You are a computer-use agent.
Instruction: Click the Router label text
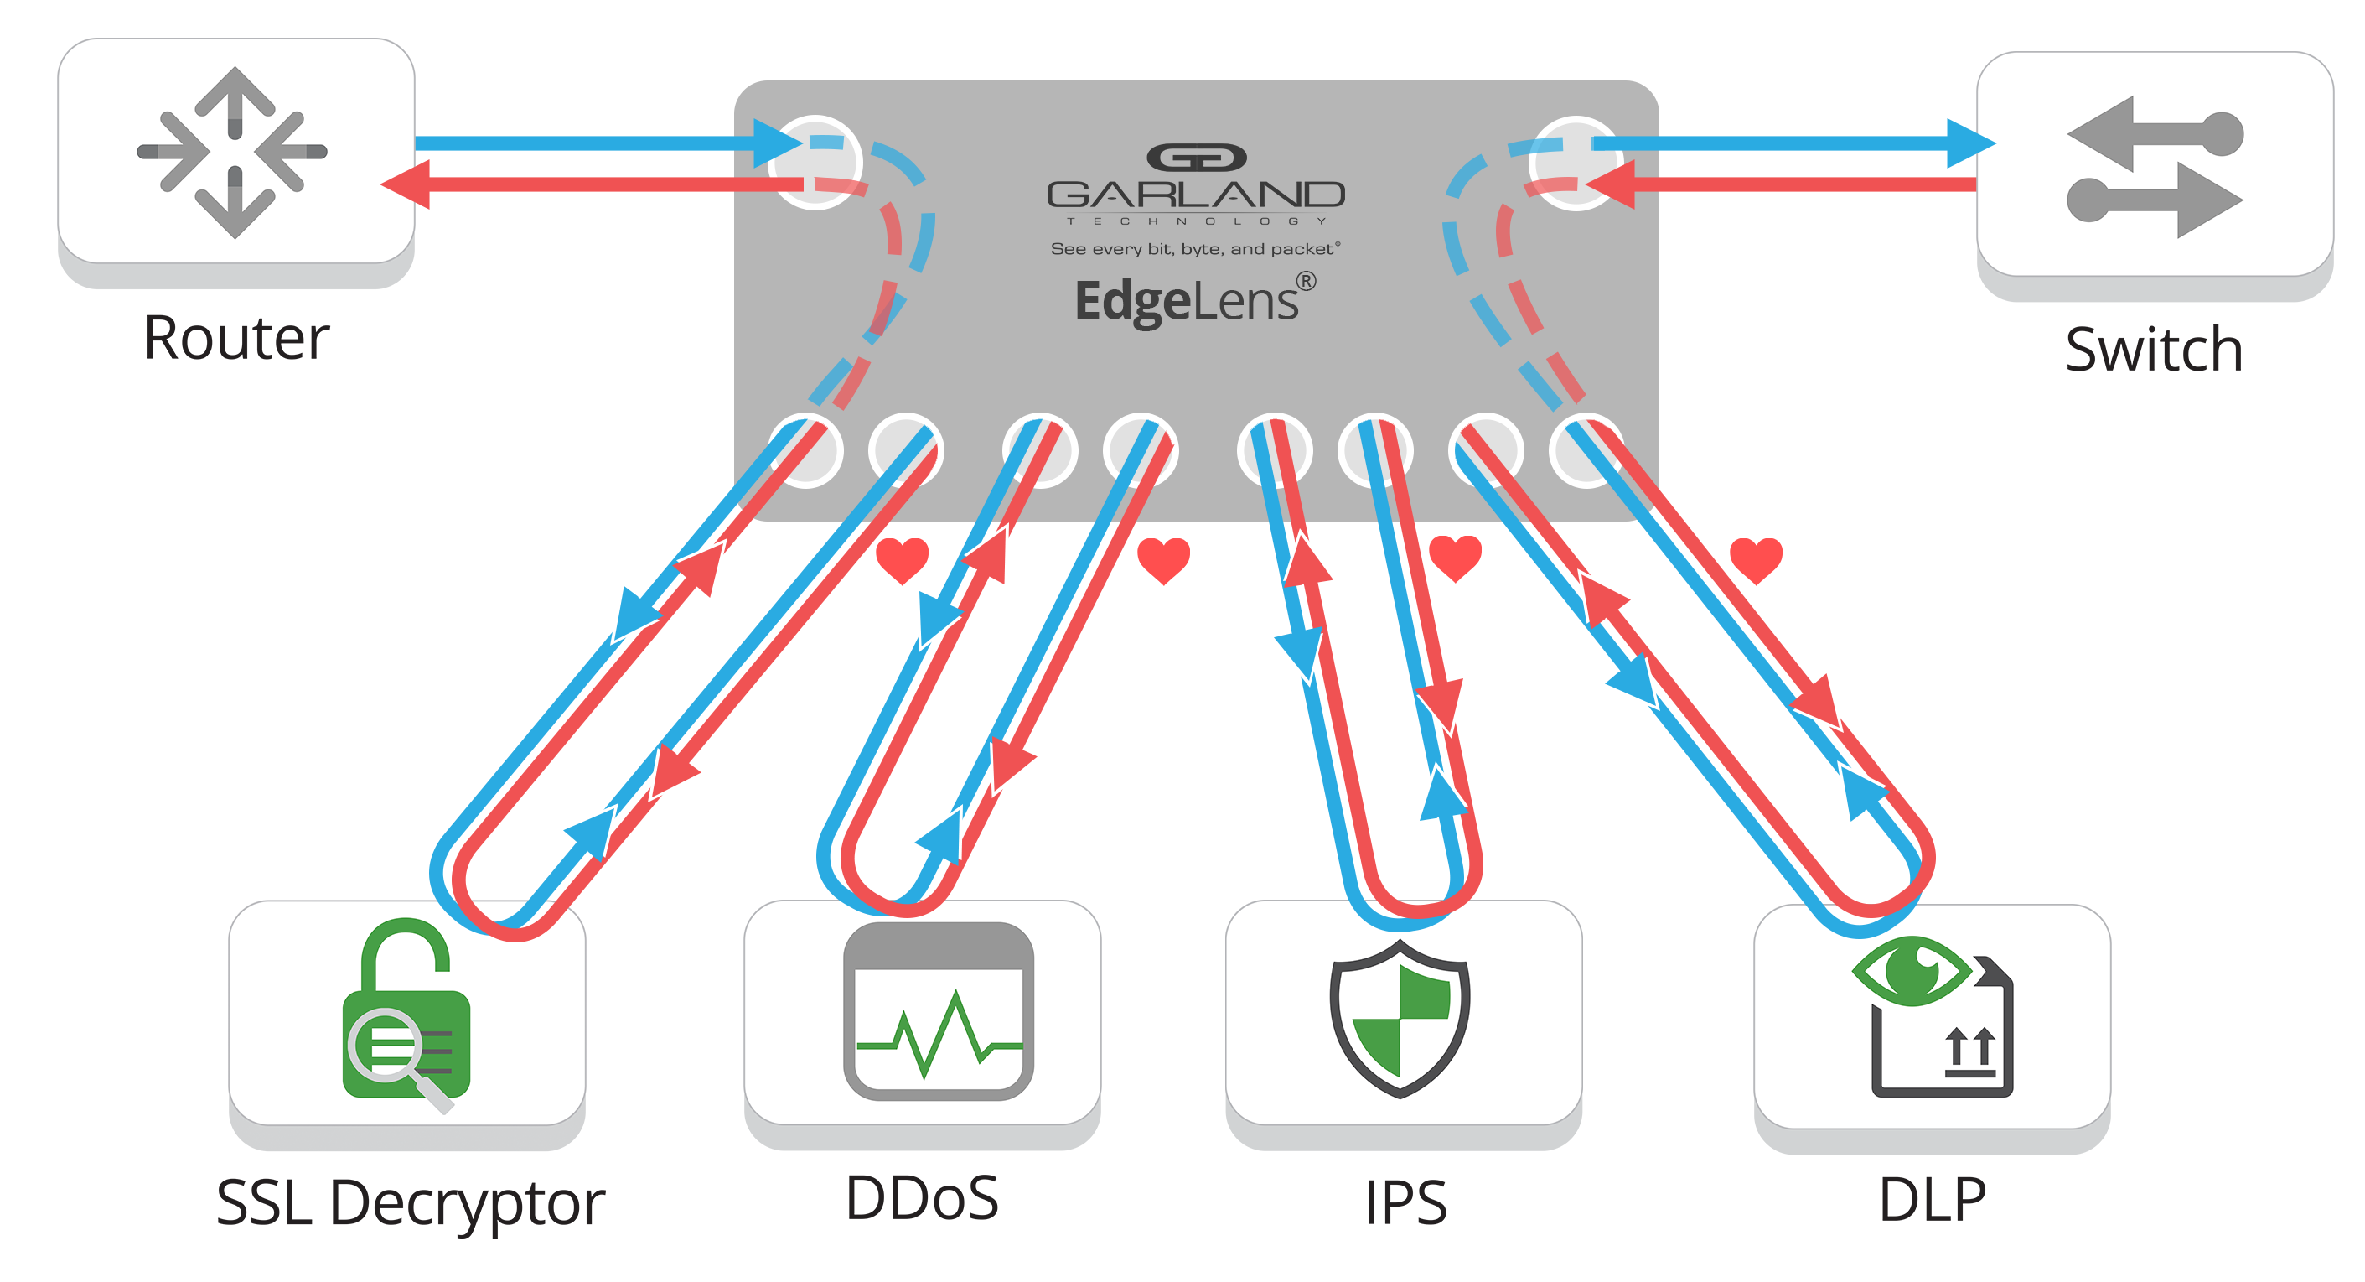click(236, 338)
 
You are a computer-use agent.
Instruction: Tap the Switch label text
click(2153, 350)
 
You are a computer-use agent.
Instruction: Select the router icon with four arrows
click(233, 152)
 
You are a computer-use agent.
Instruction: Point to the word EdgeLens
click(1186, 301)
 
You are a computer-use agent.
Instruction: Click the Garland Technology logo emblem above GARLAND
click(1196, 158)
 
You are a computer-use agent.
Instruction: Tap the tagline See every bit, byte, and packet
click(1194, 249)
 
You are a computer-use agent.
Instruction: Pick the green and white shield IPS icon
click(1400, 1018)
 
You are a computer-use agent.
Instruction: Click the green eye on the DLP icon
click(1912, 971)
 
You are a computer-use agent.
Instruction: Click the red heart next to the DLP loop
click(1756, 559)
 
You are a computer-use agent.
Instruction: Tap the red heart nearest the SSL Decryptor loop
click(902, 559)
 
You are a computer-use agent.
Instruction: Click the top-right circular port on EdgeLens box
click(1575, 163)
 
